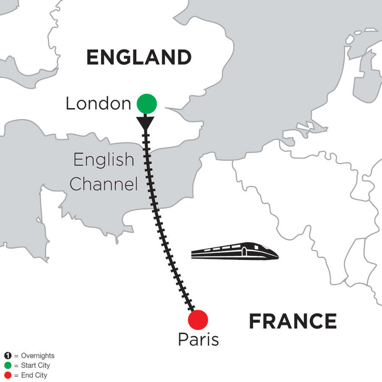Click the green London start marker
coord(147,103)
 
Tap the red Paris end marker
coord(198,320)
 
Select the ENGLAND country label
coord(139,57)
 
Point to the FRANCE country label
coord(292,321)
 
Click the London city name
coord(98,104)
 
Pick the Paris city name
coord(198,340)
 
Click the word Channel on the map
coord(104,184)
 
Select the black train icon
coord(235,251)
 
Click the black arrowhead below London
coord(146,122)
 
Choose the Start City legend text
coord(35,365)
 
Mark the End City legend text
coord(34,375)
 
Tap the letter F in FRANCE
coord(255,321)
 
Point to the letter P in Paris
coord(183,340)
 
